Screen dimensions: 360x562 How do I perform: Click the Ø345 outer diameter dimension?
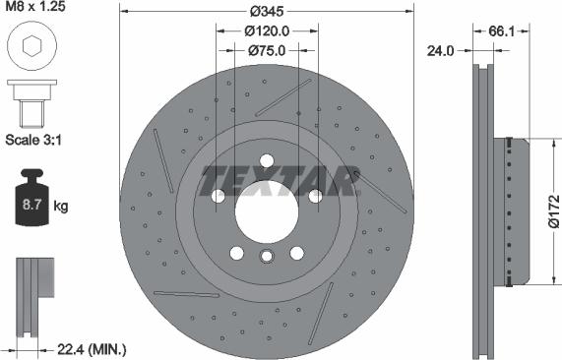click(x=266, y=11)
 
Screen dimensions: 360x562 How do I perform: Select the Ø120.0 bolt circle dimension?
click(x=266, y=30)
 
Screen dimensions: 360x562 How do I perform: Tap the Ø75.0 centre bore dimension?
click(x=266, y=50)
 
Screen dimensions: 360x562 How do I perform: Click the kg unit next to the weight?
click(x=61, y=207)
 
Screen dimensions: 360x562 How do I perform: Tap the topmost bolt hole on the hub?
click(x=266, y=162)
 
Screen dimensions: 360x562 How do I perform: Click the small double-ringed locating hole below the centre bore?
click(x=266, y=258)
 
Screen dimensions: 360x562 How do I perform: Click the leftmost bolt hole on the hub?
click(x=219, y=196)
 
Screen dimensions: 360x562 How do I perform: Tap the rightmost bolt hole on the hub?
click(x=314, y=196)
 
